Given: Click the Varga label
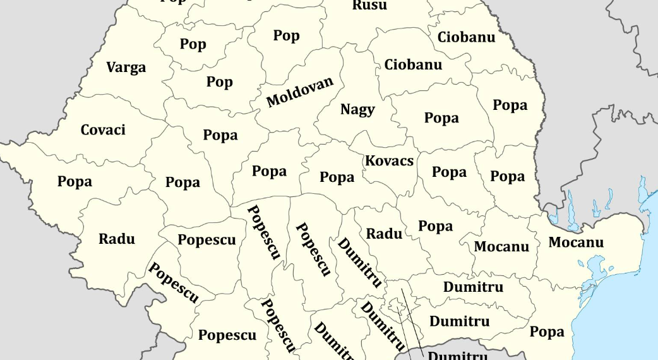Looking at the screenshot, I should pyautogui.click(x=126, y=68).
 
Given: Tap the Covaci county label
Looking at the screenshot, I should pyautogui.click(x=103, y=130).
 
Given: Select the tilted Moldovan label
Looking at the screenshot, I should pyautogui.click(x=299, y=92).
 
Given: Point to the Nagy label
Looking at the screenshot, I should pyautogui.click(x=357, y=109).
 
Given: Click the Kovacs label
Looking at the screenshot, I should pyautogui.click(x=389, y=161).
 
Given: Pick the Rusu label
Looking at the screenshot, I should pyautogui.click(x=369, y=6).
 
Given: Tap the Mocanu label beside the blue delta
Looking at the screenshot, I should pyautogui.click(x=575, y=243).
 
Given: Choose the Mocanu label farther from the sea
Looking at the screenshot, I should pyautogui.click(x=501, y=246).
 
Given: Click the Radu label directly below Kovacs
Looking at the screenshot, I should pyautogui.click(x=384, y=234).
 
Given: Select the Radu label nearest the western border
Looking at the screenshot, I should pyautogui.click(x=117, y=239).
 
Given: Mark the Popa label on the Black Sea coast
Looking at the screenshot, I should pyautogui.click(x=547, y=332).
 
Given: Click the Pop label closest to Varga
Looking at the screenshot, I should pyautogui.click(x=193, y=44).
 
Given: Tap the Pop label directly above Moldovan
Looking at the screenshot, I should pyautogui.click(x=286, y=36).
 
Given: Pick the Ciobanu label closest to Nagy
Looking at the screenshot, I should pyautogui.click(x=413, y=64).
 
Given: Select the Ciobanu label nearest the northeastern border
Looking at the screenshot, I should pyautogui.click(x=466, y=37).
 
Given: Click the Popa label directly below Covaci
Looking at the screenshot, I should pyautogui.click(x=75, y=182).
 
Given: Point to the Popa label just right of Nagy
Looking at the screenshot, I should pyautogui.click(x=441, y=118).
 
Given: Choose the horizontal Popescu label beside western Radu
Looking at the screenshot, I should pyautogui.click(x=206, y=240).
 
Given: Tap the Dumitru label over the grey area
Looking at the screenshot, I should pyautogui.click(x=458, y=355).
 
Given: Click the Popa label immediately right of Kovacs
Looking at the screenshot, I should pyautogui.click(x=449, y=172).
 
